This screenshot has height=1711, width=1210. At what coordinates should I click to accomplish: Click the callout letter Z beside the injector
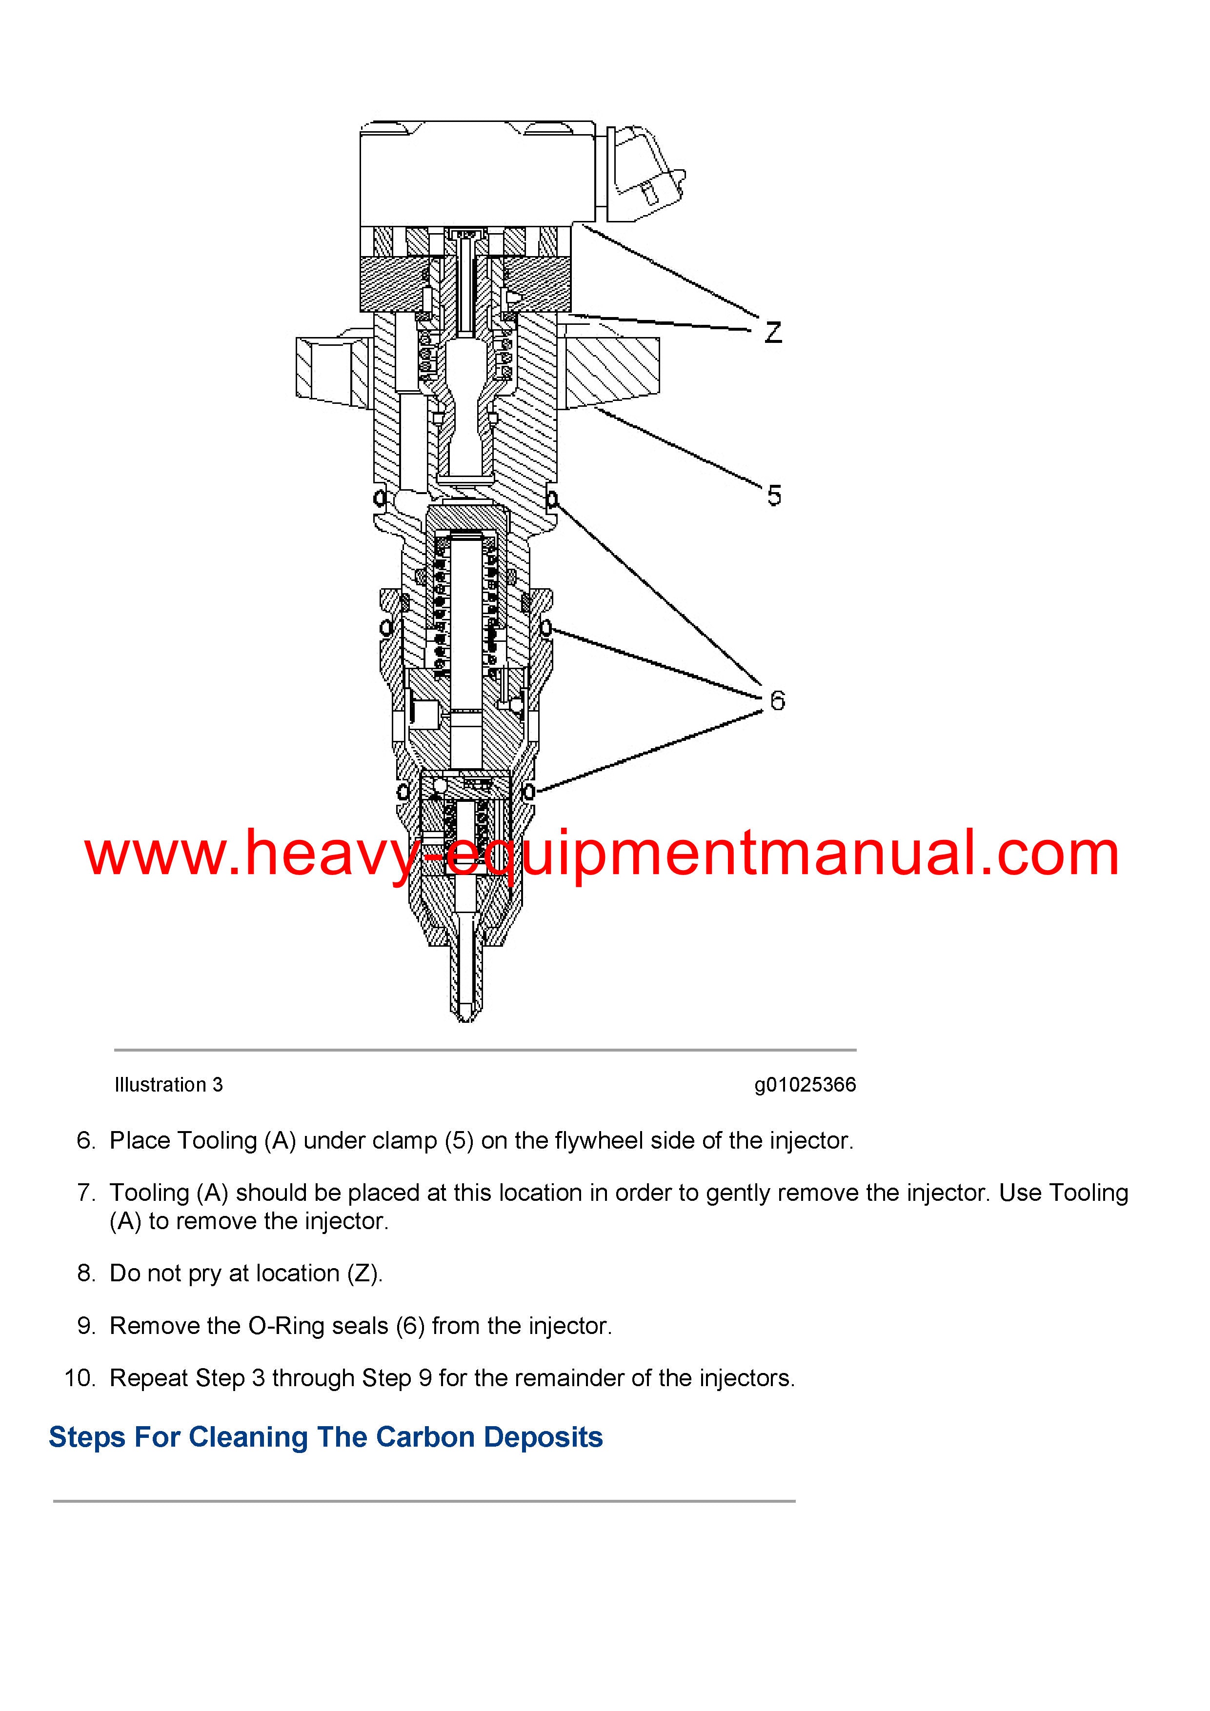pyautogui.click(x=773, y=332)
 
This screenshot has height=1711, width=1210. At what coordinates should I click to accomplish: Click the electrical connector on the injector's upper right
pyautogui.click(x=645, y=175)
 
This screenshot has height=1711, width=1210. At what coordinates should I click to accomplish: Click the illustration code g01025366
pyautogui.click(x=805, y=1085)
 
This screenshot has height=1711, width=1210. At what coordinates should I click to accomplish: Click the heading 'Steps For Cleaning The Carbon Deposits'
pyautogui.click(x=326, y=1437)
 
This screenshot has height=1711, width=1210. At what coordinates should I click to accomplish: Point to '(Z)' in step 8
pyautogui.click(x=365, y=1273)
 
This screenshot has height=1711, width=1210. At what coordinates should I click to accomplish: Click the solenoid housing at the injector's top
pyautogui.click(x=478, y=174)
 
